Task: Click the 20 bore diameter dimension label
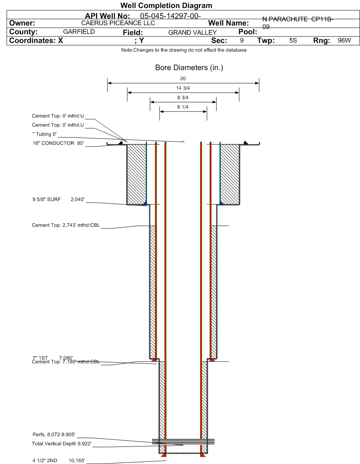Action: pyautogui.click(x=183, y=79)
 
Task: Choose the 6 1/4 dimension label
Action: pyautogui.click(x=183, y=107)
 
